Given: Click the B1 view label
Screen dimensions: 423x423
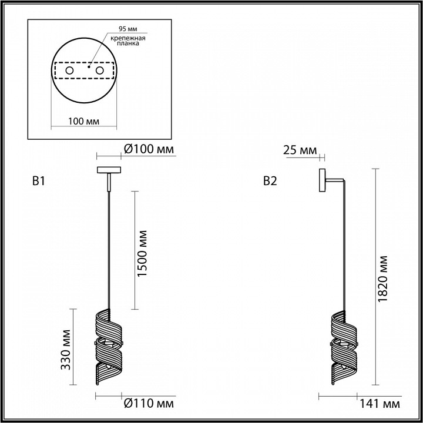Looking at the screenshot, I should tap(38, 182).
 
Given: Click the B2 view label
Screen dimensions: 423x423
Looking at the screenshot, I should tap(270, 182).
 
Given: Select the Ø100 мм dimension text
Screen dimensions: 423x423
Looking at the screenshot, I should tap(150, 150).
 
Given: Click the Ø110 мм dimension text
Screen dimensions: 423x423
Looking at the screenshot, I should tap(149, 404).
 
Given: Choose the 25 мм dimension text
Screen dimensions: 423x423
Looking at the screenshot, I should tap(300, 150).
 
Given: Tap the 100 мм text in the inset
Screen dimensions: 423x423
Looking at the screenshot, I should tap(83, 120).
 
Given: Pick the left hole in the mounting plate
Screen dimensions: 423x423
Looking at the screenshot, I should tap(69, 71).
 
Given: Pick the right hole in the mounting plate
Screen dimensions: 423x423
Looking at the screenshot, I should tap(99, 71).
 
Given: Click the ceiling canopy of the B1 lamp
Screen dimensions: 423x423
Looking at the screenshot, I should tap(109, 170).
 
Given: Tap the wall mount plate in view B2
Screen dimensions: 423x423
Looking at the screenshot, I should tap(322, 180).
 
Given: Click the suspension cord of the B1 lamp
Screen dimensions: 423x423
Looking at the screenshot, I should tap(109, 247).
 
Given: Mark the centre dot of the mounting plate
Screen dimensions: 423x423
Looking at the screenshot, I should tap(89, 67).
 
